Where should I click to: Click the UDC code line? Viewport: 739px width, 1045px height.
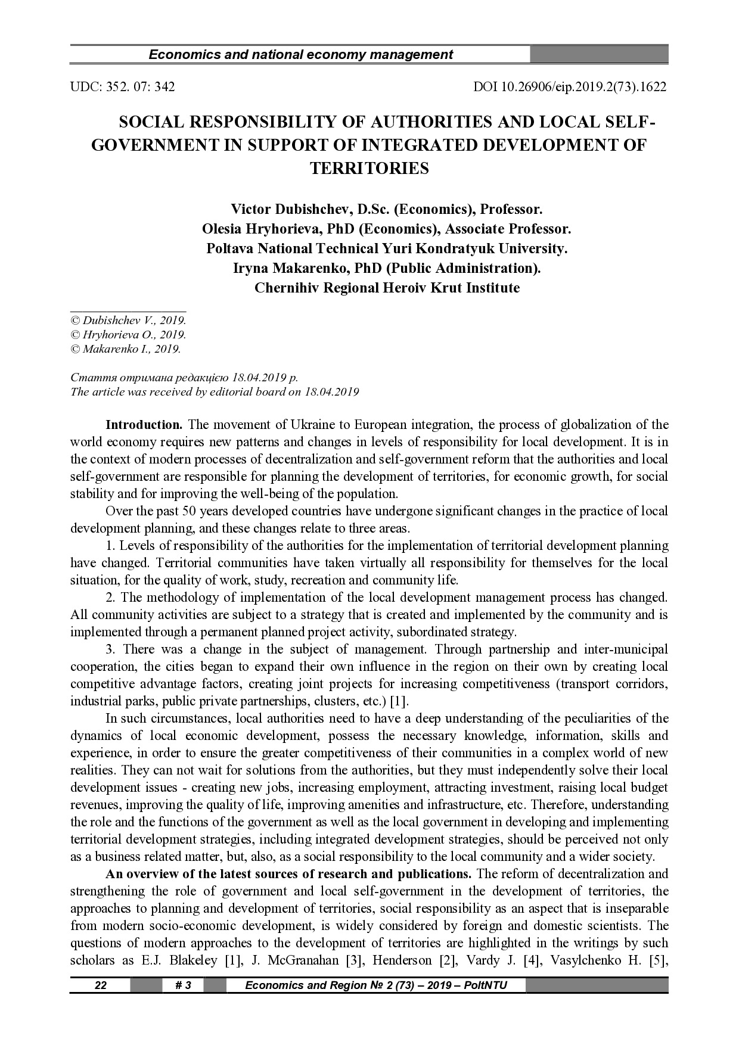tap(122, 87)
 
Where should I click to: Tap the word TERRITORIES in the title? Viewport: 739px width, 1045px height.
tap(369, 169)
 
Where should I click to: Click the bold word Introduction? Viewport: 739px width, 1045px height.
tap(144, 425)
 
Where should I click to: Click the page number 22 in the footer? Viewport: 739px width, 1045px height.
tap(101, 985)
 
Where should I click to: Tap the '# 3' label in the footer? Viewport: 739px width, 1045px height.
tap(183, 985)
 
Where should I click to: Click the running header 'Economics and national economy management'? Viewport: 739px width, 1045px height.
tap(300, 55)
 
